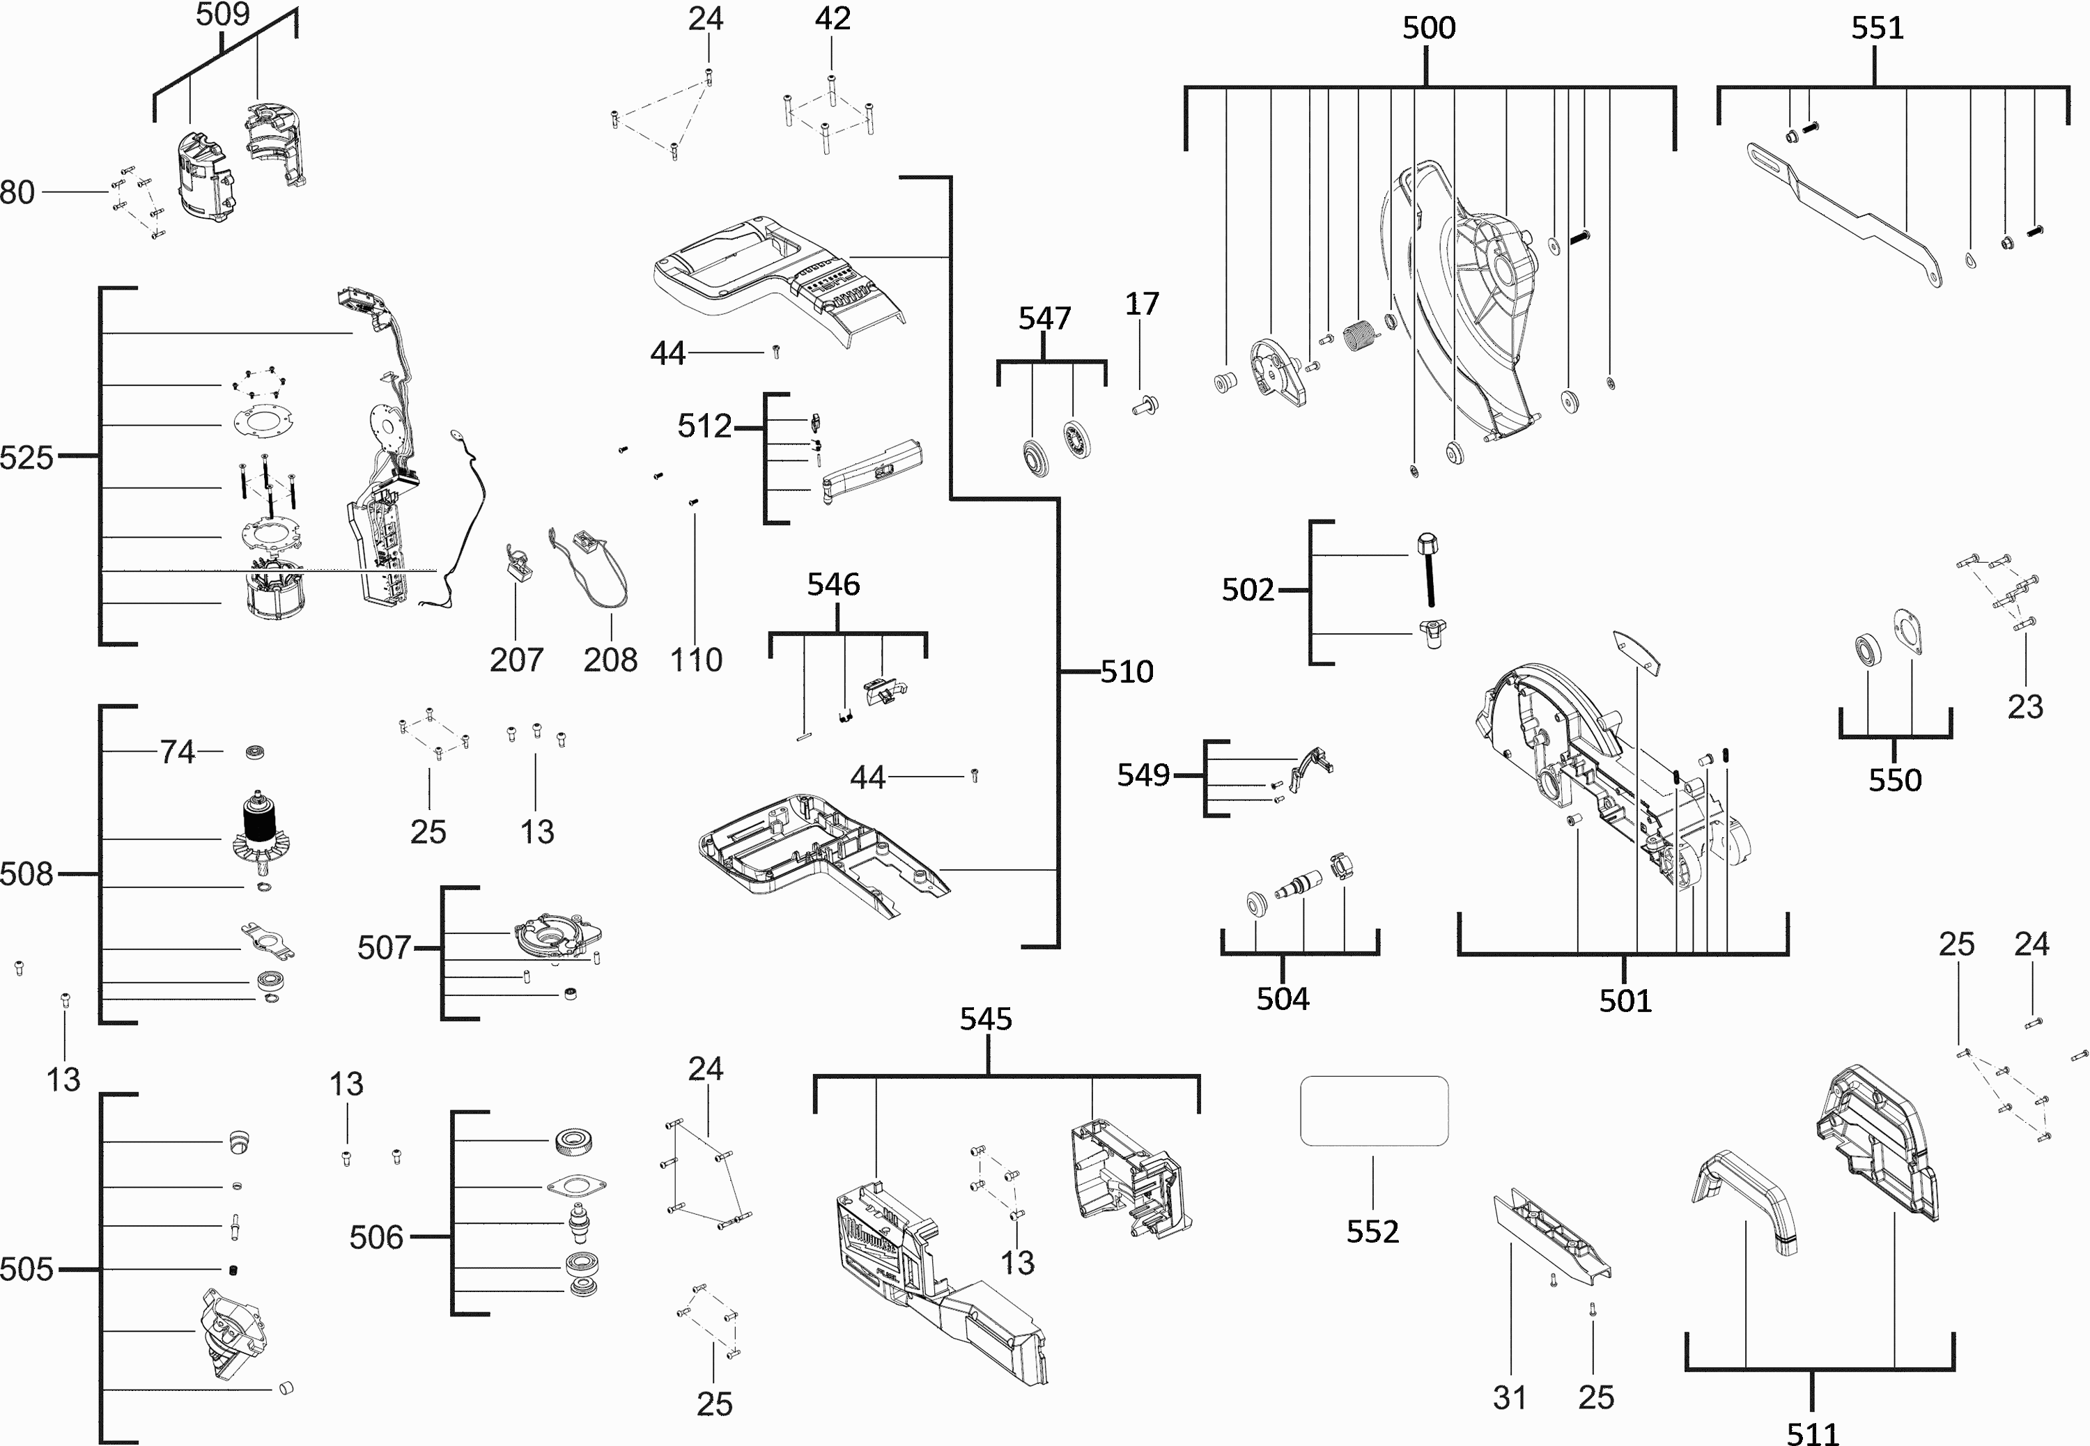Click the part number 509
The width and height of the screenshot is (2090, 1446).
click(222, 15)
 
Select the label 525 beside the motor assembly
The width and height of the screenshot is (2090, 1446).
click(26, 458)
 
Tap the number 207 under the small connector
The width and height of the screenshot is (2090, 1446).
click(516, 660)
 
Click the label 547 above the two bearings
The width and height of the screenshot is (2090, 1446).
click(1044, 318)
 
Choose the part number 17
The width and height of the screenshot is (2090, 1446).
click(1141, 304)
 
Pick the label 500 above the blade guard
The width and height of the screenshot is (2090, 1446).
click(1429, 28)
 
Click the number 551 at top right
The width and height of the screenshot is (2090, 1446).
click(1877, 28)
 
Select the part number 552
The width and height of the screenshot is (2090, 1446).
click(1372, 1231)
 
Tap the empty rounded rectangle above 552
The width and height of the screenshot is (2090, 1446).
click(1373, 1111)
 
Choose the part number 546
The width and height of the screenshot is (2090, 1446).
click(833, 584)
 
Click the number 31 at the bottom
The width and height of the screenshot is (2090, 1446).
click(1509, 1398)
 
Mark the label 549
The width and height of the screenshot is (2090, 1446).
click(1143, 775)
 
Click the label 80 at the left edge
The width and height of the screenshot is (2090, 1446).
click(17, 192)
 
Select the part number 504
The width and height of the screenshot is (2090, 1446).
click(1282, 998)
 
